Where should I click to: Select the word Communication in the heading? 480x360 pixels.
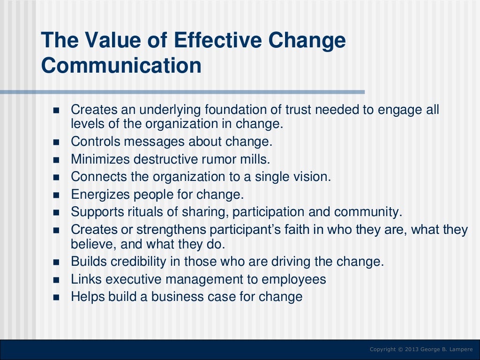[x=121, y=66]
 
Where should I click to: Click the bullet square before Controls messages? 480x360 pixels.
[x=57, y=142]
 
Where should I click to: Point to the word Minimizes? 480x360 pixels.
[x=100, y=159]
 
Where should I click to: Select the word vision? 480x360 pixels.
[x=311, y=177]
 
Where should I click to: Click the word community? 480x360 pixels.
[x=368, y=211]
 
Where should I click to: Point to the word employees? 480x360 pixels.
[x=293, y=279]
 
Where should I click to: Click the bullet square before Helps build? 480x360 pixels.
[x=57, y=297]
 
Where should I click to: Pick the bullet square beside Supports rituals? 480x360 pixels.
[x=57, y=212]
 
